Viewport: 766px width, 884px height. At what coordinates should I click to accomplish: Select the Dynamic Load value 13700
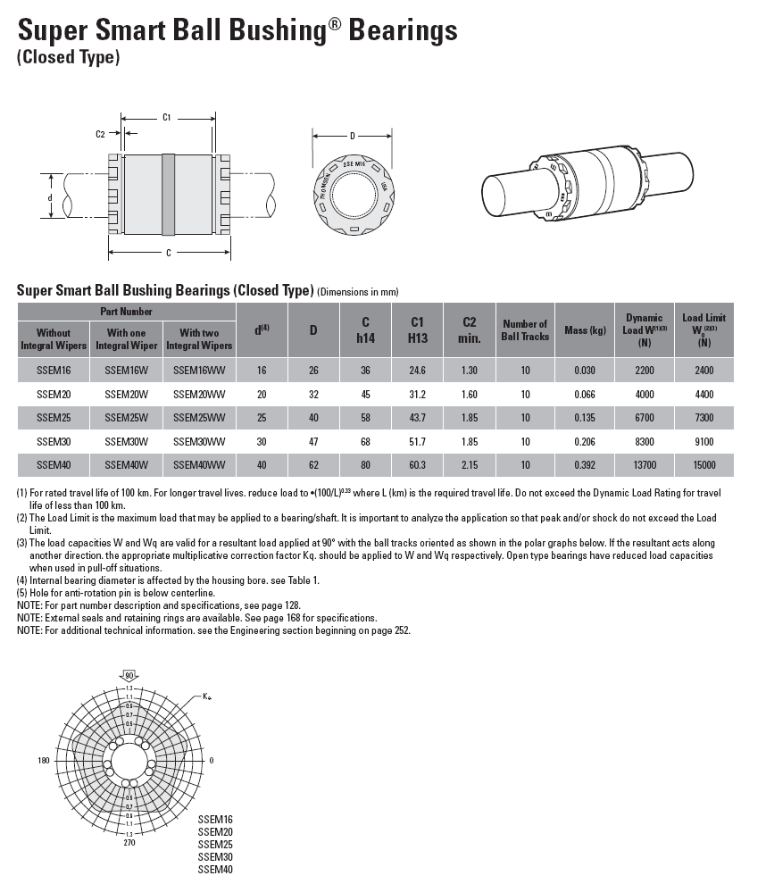(644, 465)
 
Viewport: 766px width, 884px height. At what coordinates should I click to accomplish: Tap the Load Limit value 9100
(704, 441)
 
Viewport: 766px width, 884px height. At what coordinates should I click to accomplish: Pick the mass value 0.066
(585, 394)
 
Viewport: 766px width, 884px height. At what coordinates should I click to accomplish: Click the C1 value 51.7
(416, 441)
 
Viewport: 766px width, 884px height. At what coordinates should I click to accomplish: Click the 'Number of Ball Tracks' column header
(525, 330)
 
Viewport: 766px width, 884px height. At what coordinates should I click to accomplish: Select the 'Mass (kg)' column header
(585, 330)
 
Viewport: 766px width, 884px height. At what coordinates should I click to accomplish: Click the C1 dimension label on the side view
(167, 117)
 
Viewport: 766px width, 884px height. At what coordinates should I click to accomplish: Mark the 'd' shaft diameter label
(50, 197)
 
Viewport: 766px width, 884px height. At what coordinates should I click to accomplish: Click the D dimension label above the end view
(353, 136)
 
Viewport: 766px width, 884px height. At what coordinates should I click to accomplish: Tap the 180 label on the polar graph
(43, 761)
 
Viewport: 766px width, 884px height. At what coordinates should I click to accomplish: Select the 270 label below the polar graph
(129, 841)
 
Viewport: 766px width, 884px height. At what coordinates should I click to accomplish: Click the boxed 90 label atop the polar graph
(129, 675)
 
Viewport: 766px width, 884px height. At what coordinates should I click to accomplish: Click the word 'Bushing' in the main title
(255, 31)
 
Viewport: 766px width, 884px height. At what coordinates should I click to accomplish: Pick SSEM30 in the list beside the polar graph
(215, 856)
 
